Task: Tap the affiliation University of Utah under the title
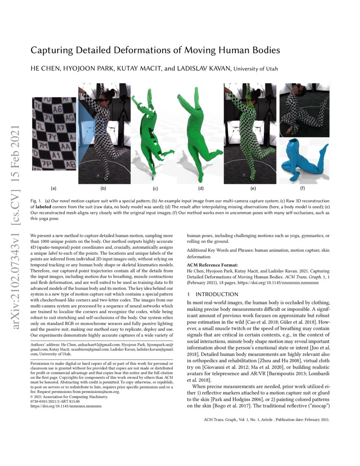click(x=256, y=69)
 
